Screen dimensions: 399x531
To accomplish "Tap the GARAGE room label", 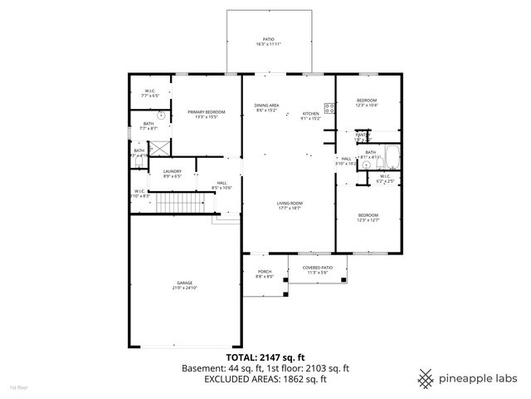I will (184, 285).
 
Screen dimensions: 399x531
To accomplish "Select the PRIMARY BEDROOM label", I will (202, 115).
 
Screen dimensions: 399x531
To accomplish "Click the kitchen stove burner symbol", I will (329, 107).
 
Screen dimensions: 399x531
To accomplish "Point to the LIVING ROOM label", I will (289, 205).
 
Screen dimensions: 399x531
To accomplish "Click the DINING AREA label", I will (266, 108).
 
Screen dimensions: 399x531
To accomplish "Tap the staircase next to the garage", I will (181, 202).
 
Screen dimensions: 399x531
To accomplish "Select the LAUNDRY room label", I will (173, 173).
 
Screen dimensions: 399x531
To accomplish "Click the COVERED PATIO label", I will (318, 270).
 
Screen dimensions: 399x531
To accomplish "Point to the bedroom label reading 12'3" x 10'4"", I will (367, 102).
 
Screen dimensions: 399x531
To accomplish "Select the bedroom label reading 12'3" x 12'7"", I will (367, 218).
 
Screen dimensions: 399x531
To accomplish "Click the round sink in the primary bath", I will (161, 116).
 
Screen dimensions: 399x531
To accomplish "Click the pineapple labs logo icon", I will (426, 377).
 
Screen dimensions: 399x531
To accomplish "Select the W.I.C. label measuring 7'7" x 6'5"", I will (150, 94).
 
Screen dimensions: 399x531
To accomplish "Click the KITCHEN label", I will (310, 116).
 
